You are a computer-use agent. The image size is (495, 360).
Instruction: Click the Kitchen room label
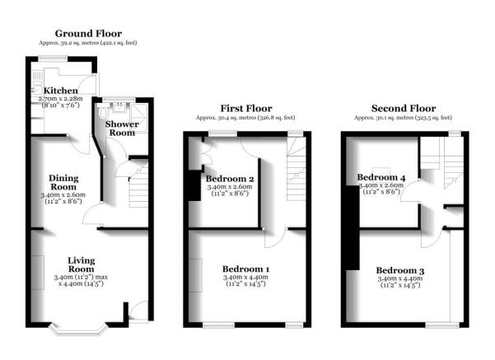click(61, 91)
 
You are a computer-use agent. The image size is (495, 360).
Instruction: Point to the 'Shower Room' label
click(120, 128)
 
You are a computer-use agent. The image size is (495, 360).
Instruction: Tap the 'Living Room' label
click(81, 264)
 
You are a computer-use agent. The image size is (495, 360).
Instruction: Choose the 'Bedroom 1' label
click(245, 269)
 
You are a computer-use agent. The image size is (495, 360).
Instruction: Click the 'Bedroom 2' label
click(229, 179)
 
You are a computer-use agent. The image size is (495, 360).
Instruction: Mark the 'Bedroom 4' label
click(380, 177)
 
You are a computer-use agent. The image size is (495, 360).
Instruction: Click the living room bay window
click(81, 331)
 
